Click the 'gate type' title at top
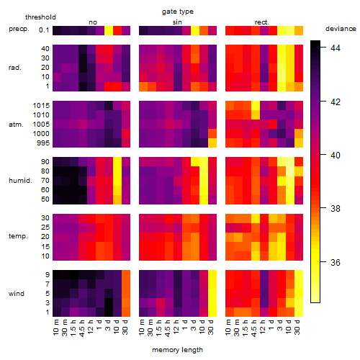pos(178,12)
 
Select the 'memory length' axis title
pos(177,350)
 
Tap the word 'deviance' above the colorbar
pos(341,29)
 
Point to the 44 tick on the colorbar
pos(336,48)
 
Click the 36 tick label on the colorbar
pos(336,262)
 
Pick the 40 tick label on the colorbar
pos(336,156)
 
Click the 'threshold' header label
pos(40,17)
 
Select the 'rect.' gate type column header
pos(262,22)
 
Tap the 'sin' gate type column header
pos(177,22)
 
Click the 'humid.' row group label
pos(20,181)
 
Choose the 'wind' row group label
pos(17,294)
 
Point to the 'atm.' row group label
pos(16,125)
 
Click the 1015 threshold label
pos(41,105)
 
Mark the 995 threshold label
pos(43,143)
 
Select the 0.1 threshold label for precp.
pos(44,30)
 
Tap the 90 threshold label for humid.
pos(45,161)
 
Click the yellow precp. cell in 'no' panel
pos(109,30)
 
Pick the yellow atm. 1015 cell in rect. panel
pos(256,106)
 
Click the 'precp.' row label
pos(19,29)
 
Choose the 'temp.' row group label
pos(18,236)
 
